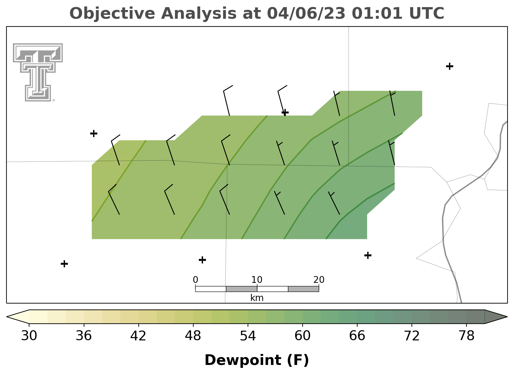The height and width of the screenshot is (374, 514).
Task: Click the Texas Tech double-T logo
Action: point(38,72)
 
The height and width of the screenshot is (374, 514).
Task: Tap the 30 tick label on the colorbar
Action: point(29,336)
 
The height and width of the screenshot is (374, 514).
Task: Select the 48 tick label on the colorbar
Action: point(193,336)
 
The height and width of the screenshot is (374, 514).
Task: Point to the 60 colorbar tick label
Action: point(303,336)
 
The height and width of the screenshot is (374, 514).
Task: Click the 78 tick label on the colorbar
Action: point(466,336)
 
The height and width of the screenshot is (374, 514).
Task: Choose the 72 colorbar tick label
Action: point(412,336)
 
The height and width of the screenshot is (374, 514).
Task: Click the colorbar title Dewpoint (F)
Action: point(257,360)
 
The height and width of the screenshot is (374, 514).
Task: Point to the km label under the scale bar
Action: point(257,298)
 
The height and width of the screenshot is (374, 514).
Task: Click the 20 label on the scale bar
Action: point(319,280)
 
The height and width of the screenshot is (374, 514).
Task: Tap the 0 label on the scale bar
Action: point(196,280)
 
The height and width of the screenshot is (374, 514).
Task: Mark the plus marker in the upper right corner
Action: point(450,66)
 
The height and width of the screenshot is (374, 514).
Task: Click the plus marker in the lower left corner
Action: point(64,264)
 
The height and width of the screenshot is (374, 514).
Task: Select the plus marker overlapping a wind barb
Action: point(285,112)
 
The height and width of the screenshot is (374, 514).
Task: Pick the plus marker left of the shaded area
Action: point(94,133)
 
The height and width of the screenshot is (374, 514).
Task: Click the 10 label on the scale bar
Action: point(257,280)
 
